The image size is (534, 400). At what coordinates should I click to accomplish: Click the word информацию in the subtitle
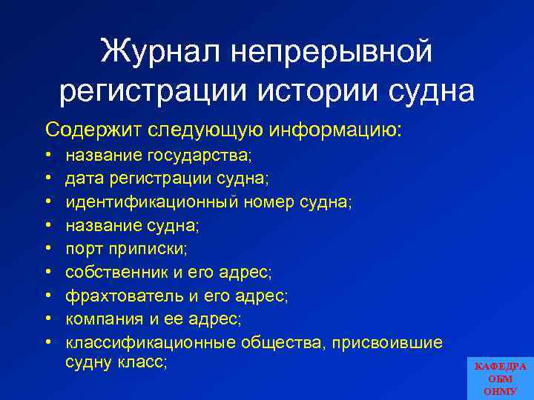338,130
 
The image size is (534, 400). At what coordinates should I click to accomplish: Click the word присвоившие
386,343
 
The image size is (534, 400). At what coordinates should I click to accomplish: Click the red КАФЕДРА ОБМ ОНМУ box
500,377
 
